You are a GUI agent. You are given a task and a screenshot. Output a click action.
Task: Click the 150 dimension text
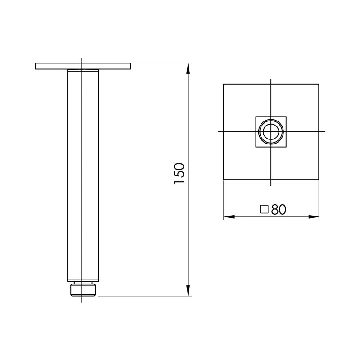coord(179,173)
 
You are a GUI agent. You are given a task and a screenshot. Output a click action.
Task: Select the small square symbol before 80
coord(264,209)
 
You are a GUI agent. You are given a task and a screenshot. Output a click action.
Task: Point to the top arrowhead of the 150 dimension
coord(189,68)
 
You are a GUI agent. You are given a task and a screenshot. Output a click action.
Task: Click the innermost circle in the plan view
coord(271,132)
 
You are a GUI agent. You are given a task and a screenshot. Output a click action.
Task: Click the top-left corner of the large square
coord(224,84)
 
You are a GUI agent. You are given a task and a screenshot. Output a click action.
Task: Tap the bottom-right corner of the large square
coord(319,180)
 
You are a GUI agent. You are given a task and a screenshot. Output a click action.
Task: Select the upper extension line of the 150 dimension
coord(162,63)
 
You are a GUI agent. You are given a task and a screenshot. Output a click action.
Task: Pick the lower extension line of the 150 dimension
coord(144,296)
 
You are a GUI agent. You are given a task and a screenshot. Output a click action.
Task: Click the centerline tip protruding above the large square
coord(271,81)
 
